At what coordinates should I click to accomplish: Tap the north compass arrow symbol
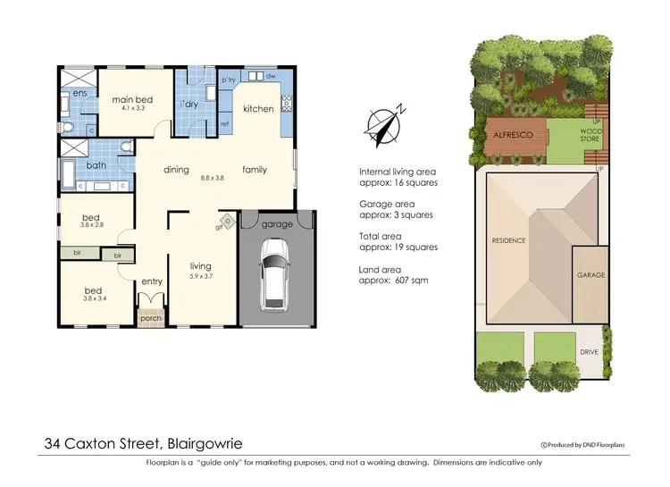point(387,125)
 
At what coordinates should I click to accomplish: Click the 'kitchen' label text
point(258,109)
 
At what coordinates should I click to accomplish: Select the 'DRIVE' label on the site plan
point(589,352)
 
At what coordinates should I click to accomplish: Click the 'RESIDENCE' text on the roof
point(508,240)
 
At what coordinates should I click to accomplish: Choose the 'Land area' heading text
point(380,269)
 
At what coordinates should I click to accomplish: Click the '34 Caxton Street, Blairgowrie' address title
point(143,442)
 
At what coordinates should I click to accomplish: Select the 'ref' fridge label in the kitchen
point(225,123)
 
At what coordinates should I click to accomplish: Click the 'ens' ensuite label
point(80,93)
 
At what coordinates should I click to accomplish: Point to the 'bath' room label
point(96,165)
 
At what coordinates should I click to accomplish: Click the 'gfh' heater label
point(218,227)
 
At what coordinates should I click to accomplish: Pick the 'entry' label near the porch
point(152,282)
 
